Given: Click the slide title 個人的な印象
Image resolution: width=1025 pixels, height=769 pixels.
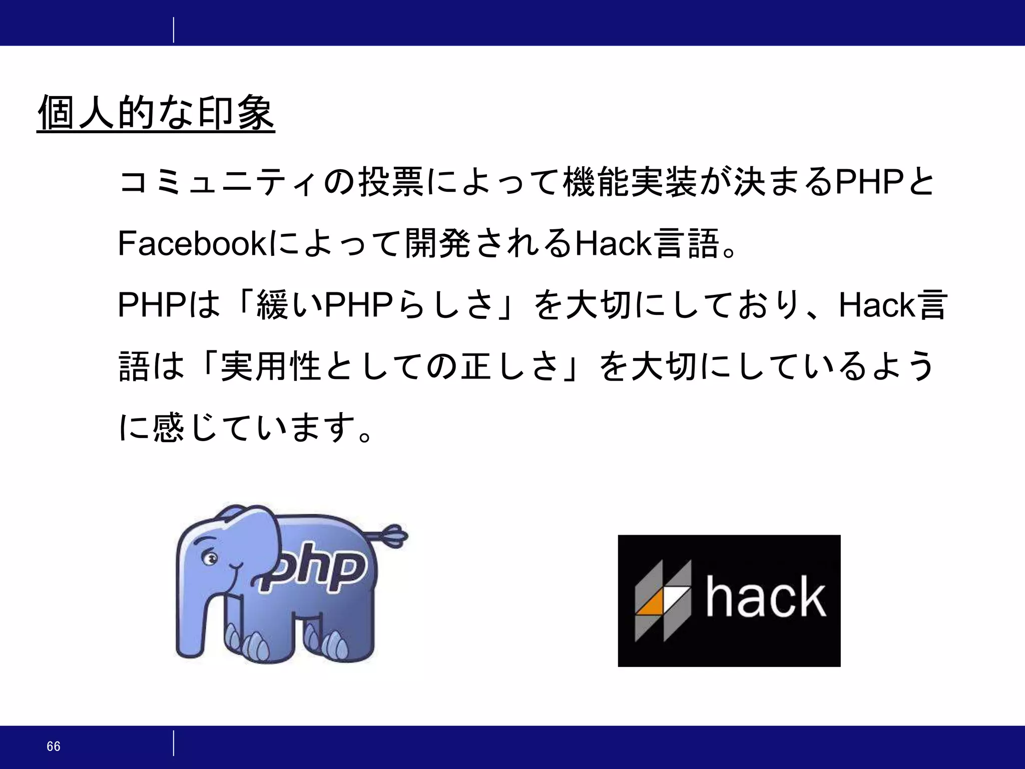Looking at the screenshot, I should click(156, 113).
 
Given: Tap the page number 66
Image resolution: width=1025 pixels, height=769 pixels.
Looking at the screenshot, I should click(54, 746).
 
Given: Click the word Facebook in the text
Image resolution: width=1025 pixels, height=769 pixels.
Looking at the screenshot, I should click(193, 244).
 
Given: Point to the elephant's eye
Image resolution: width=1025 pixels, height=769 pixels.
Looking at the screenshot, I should click(210, 558).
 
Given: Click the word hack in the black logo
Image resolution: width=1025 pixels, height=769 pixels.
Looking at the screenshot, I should click(765, 597).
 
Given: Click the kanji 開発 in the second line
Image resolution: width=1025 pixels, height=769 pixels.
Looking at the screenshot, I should click(437, 244).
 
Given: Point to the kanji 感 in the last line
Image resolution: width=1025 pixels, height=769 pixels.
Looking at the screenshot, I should click(168, 428).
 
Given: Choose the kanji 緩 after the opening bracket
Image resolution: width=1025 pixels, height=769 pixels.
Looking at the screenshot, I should click(272, 305).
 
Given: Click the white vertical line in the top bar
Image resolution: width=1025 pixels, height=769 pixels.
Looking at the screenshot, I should click(174, 30).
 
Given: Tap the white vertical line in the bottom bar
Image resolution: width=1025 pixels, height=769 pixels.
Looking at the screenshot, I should click(174, 743).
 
